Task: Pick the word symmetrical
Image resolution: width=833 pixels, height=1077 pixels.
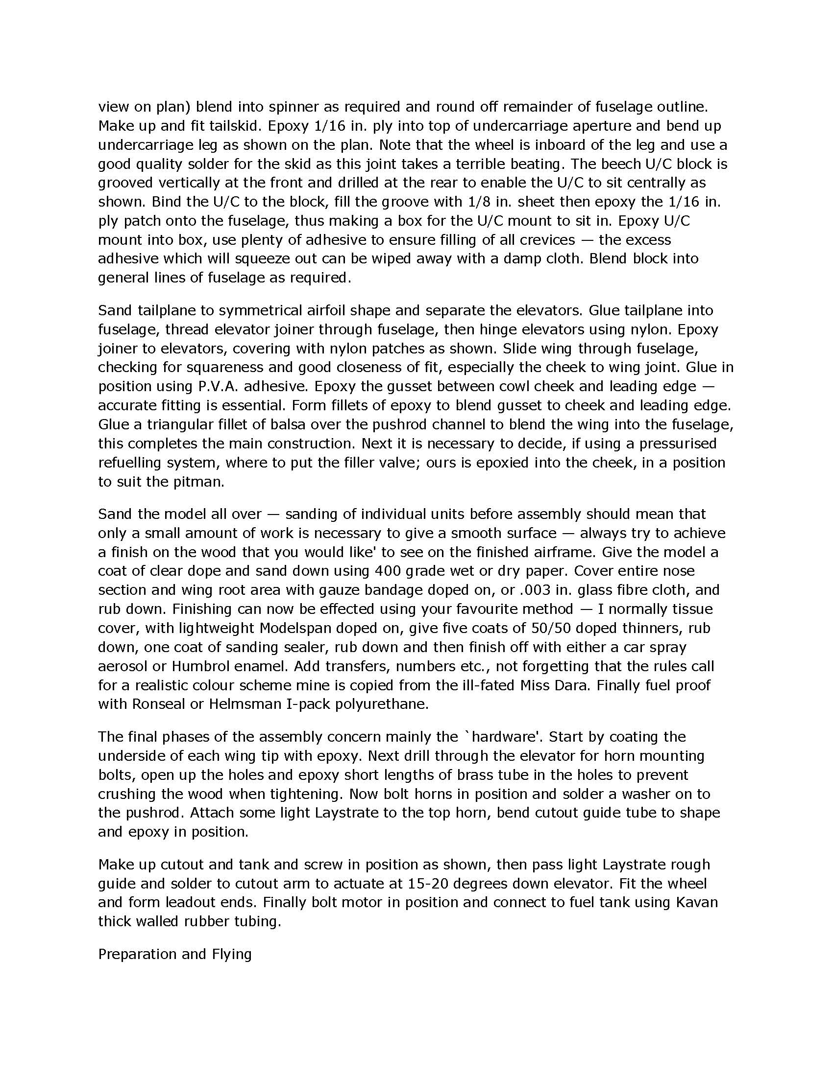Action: [x=260, y=310]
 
